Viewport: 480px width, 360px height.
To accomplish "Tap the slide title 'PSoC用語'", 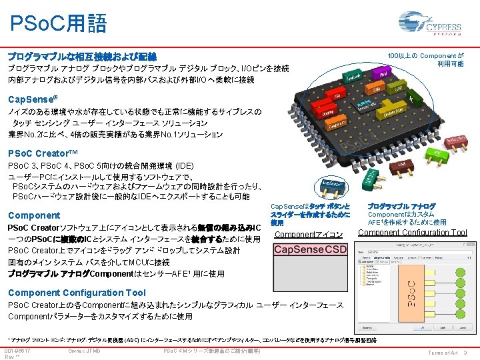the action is [x=58, y=24].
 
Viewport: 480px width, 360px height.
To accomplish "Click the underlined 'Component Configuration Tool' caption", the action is [x=413, y=232].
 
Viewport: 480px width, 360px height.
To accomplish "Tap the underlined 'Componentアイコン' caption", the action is [x=309, y=235].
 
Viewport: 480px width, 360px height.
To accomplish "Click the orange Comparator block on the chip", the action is [x=337, y=123].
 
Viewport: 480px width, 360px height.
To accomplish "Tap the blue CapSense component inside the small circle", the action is [x=333, y=184].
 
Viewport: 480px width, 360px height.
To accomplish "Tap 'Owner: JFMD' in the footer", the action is [x=84, y=351].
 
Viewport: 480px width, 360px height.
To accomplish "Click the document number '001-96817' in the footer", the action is [x=17, y=351].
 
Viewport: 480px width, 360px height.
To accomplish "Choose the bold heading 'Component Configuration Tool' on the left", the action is [x=76, y=293].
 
